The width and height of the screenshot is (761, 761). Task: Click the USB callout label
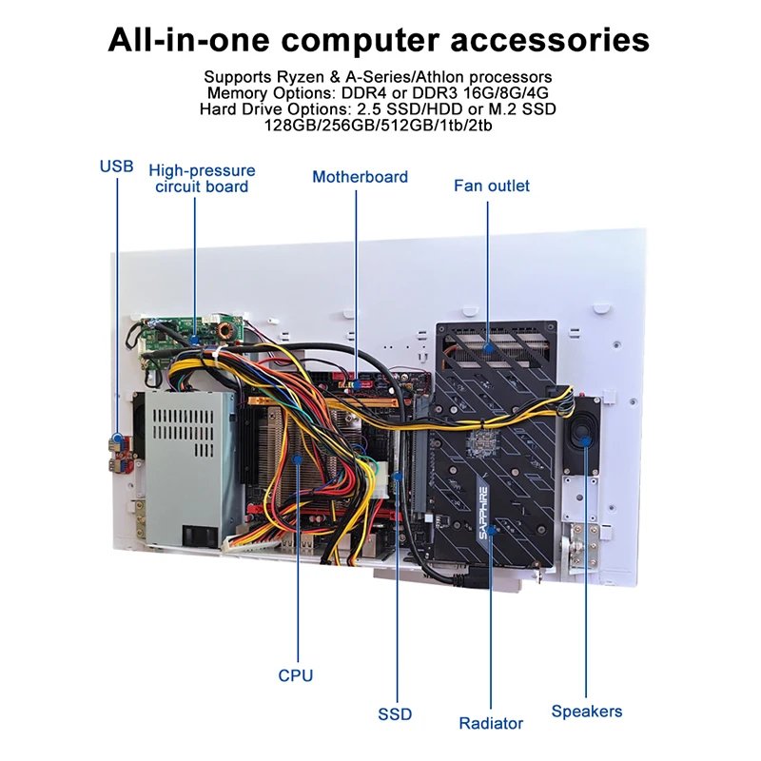(x=117, y=166)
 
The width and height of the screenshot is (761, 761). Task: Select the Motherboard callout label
(x=360, y=177)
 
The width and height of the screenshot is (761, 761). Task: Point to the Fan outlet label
(x=492, y=185)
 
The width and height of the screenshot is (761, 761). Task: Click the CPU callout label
(x=295, y=675)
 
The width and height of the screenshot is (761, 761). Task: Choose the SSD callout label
(x=395, y=713)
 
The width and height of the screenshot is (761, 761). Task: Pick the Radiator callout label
(x=491, y=723)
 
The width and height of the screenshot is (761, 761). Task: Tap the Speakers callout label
(x=587, y=711)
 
